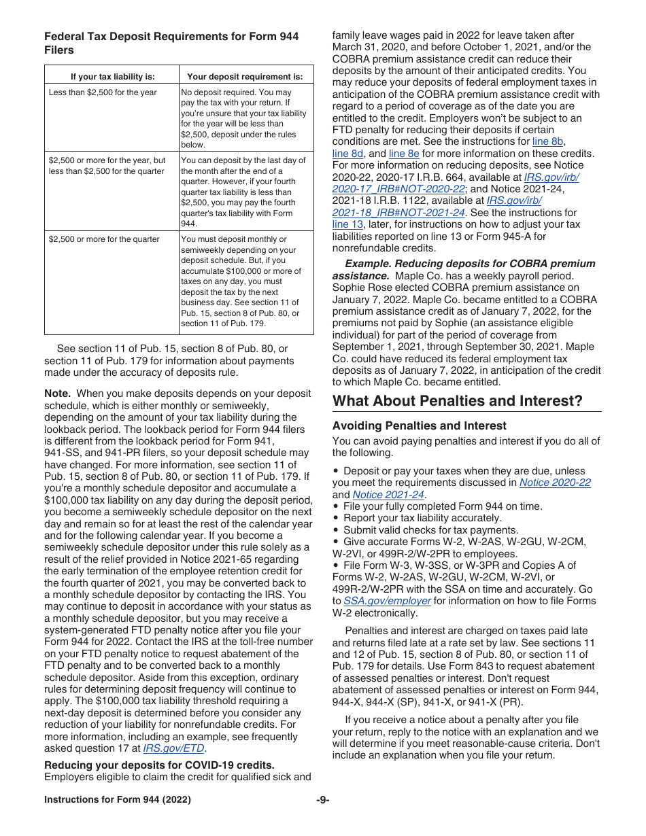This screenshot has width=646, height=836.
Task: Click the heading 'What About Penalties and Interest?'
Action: pos(457,401)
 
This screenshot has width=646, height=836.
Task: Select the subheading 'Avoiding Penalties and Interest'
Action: pos(419,425)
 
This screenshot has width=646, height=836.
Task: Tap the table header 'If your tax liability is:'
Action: pos(112,76)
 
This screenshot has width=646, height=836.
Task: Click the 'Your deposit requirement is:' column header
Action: pos(245,76)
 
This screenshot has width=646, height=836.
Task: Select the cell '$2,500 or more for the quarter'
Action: pos(104,239)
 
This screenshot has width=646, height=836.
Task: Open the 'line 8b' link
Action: pos(547,141)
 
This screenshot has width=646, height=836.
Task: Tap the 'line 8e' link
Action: pos(404,154)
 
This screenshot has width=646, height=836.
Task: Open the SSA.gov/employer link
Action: pos(387,601)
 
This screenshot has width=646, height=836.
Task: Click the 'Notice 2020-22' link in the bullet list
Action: pos(555,483)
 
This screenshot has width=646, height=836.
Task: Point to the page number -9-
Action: pos(322,800)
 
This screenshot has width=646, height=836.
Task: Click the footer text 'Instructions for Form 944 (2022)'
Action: pos(118,800)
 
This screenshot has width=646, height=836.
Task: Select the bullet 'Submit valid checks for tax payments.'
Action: pos(430,530)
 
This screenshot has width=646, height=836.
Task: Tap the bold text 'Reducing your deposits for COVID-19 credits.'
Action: pos(159,765)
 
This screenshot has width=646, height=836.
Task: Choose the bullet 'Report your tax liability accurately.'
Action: pos(422,518)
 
